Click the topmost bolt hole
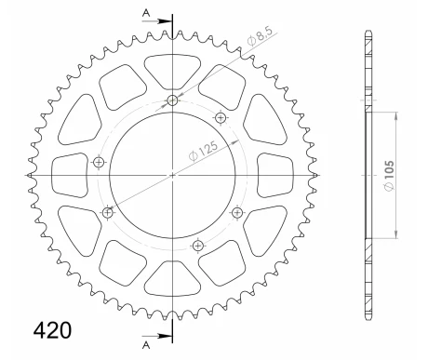[173, 101]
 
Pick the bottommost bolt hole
[197, 246]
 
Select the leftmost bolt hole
[100, 164]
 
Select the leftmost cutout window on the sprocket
[70, 174]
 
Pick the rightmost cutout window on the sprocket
[275, 174]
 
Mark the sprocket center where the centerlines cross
[172, 174]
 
